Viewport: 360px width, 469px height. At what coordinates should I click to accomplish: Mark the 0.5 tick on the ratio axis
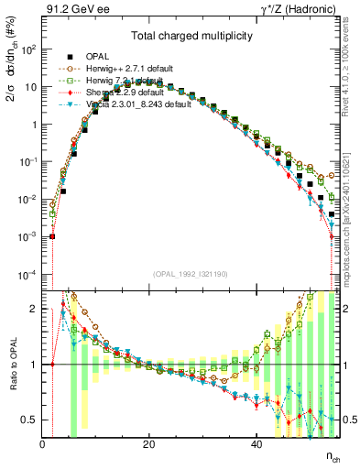click(30, 420)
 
